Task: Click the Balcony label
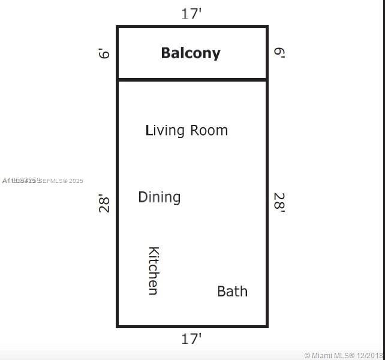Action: click(x=191, y=53)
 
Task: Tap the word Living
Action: click(x=165, y=130)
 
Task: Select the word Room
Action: click(x=209, y=130)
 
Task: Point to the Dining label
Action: click(x=159, y=197)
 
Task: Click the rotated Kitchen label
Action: click(x=153, y=271)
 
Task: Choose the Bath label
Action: click(x=232, y=291)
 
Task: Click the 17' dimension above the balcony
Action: click(x=191, y=13)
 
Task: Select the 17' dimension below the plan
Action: click(x=191, y=339)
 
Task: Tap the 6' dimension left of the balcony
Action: click(x=105, y=53)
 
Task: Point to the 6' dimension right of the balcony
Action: click(x=279, y=53)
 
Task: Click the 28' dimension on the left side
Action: click(x=105, y=203)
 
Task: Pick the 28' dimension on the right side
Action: click(x=279, y=203)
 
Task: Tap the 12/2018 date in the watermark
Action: click(x=371, y=355)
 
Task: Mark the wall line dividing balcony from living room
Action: click(x=192, y=79)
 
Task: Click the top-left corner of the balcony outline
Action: click(x=118, y=27)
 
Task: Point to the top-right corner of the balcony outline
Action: click(x=266, y=27)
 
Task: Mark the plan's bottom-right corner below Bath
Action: click(x=266, y=326)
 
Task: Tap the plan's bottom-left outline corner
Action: click(x=118, y=326)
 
